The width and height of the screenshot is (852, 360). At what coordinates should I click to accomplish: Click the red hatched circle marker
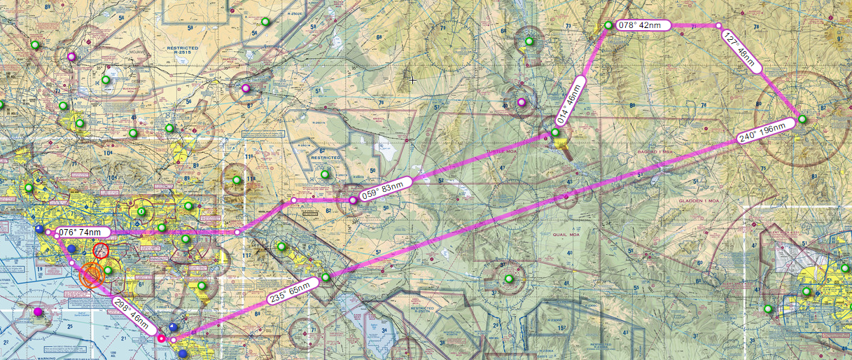(101, 251)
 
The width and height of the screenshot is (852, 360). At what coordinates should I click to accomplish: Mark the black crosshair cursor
(413, 81)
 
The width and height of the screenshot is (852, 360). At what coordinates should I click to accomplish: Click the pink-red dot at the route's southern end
(161, 339)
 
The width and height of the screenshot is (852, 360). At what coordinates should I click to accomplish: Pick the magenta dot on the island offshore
(38, 312)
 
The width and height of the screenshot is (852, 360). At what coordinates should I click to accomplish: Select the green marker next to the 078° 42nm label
(608, 26)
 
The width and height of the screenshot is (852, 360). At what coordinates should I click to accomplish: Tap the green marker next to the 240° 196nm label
(802, 120)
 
